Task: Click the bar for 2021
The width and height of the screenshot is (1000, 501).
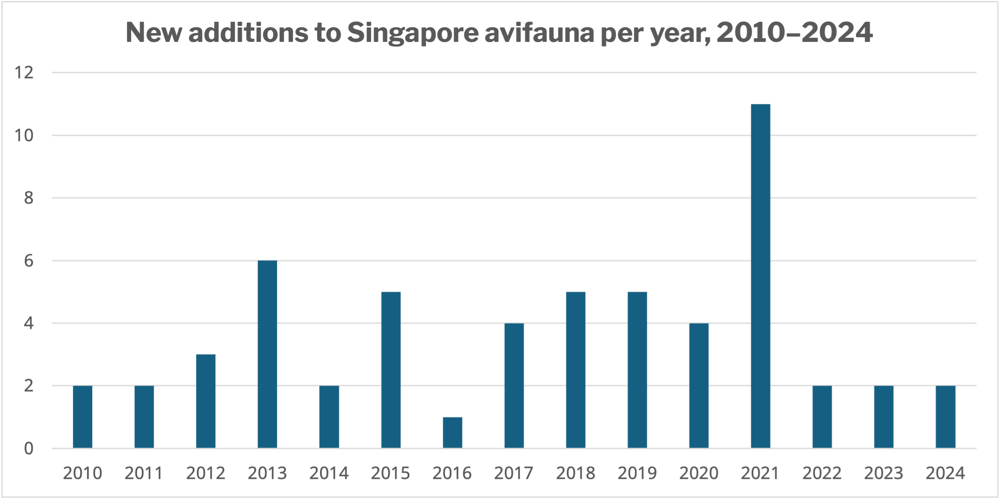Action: tap(760, 276)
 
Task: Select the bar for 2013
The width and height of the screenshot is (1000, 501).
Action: tap(267, 354)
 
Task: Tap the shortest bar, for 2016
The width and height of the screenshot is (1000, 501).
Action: tap(452, 433)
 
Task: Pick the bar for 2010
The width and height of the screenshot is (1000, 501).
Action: tap(83, 417)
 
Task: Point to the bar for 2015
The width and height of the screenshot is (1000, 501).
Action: tap(391, 370)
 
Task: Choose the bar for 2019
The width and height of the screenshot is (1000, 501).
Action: tap(637, 370)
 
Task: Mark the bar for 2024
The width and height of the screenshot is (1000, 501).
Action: tap(946, 417)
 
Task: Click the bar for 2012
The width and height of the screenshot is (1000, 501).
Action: tap(206, 401)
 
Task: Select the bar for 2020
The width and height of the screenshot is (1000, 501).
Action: tap(699, 386)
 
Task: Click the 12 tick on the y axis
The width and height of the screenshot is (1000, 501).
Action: tap(24, 73)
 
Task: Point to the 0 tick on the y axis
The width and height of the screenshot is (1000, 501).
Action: tap(28, 449)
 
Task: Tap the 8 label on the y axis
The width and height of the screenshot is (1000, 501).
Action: tap(28, 198)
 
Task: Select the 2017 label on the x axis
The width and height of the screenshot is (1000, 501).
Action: tap(514, 473)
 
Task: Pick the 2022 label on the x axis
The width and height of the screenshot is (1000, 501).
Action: tap(822, 473)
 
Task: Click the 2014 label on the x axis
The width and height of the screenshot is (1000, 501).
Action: tap(329, 473)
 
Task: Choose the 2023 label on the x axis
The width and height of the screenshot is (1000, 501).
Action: tap(884, 473)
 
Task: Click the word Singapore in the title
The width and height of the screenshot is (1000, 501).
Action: tap(413, 33)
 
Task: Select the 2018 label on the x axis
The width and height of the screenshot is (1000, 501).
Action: tap(576, 473)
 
